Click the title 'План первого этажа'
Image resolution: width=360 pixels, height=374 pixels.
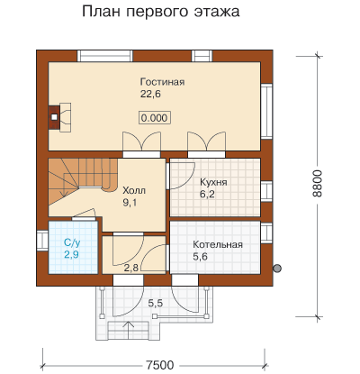161,12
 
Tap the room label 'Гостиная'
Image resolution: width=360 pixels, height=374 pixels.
162,82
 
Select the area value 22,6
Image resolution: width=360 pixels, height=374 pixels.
150,94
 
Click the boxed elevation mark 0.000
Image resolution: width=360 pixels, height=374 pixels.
155,118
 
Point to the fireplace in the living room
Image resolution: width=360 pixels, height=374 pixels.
60,117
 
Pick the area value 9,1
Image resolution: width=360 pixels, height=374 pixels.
130,203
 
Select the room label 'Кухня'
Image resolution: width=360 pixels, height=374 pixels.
213,182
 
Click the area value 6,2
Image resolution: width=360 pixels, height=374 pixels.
207,195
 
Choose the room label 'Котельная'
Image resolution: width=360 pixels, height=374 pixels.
218,244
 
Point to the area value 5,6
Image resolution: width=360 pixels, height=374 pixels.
200,257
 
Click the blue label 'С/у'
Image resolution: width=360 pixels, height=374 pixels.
72,242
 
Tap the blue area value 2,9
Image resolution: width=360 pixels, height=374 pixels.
71,254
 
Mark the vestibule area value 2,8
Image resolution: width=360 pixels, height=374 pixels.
131,268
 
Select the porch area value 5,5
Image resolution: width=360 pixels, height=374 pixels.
156,303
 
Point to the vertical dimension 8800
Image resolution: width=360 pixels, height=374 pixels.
317,184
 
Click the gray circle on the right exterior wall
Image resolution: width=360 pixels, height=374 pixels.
277,268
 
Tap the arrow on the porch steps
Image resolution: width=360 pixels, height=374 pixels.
129,331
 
